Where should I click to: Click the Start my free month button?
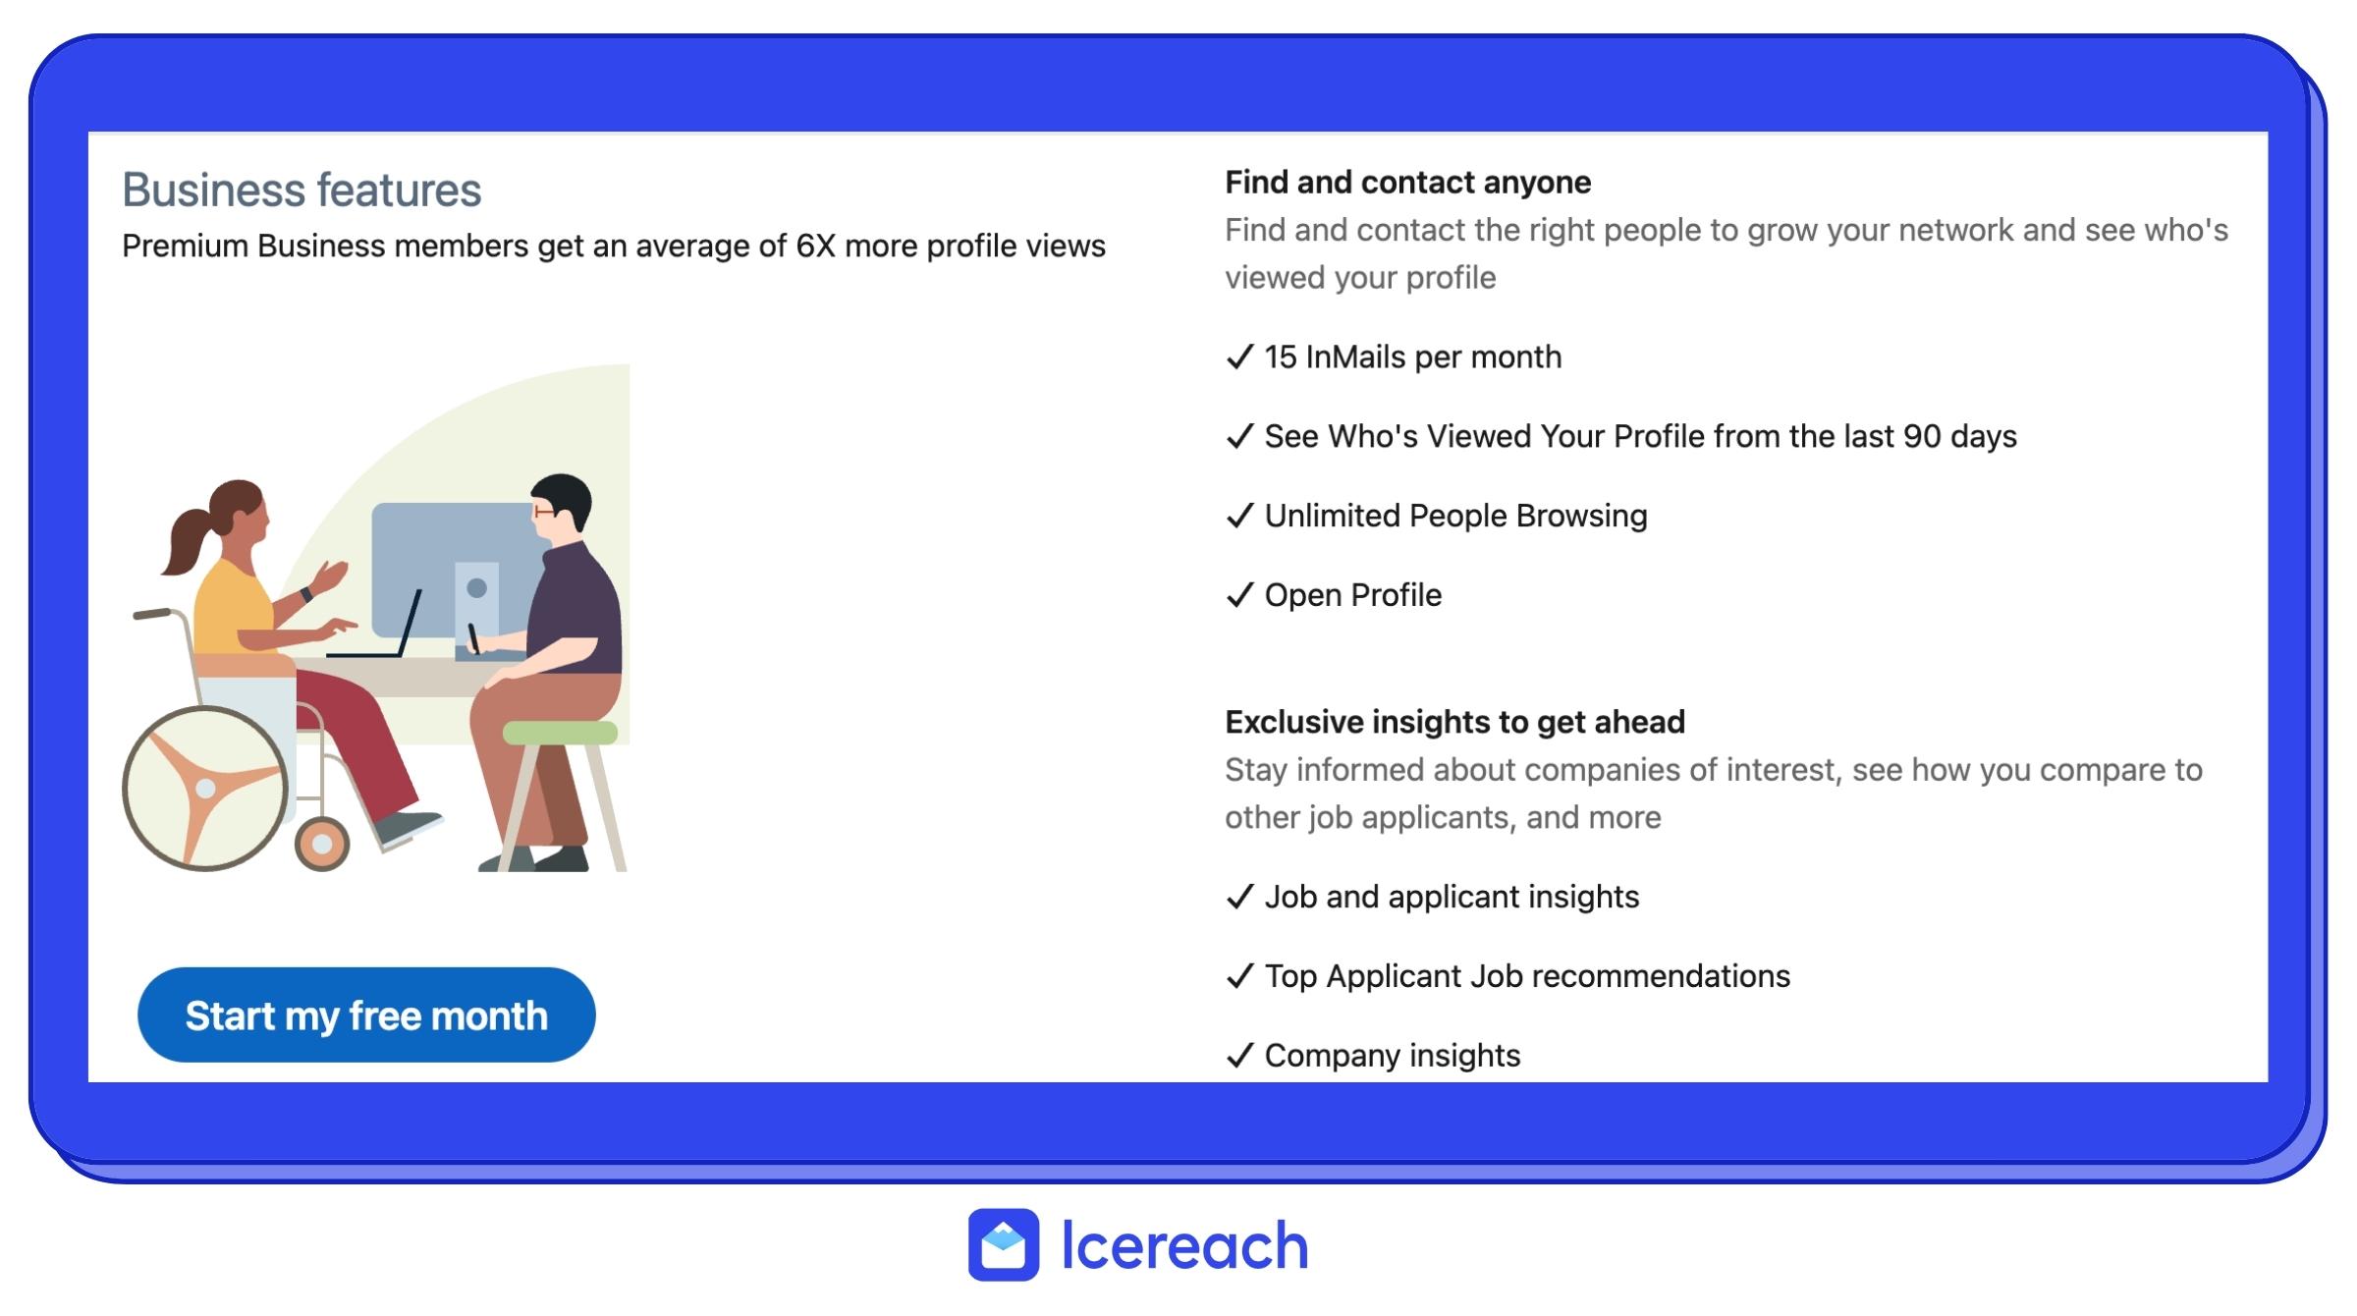click(x=366, y=1014)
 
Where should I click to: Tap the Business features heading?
click(x=301, y=190)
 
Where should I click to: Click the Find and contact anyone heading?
click(x=1407, y=183)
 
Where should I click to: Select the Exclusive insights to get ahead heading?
click(x=1454, y=722)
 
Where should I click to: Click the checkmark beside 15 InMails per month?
click(x=1240, y=356)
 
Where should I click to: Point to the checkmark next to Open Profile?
click(x=1240, y=595)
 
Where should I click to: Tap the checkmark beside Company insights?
click(x=1240, y=1056)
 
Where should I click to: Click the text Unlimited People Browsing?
click(x=1455, y=516)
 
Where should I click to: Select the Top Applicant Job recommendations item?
click(x=1527, y=976)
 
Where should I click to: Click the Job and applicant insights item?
click(x=1452, y=897)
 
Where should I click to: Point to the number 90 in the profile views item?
click(x=1922, y=436)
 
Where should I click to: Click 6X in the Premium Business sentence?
click(x=814, y=246)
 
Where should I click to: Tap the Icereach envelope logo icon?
click(x=1003, y=1244)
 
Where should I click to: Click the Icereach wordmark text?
click(x=1184, y=1245)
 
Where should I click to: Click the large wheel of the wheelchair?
click(x=205, y=789)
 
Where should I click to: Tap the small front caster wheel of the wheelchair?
click(x=322, y=844)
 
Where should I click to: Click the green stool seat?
click(x=560, y=733)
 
